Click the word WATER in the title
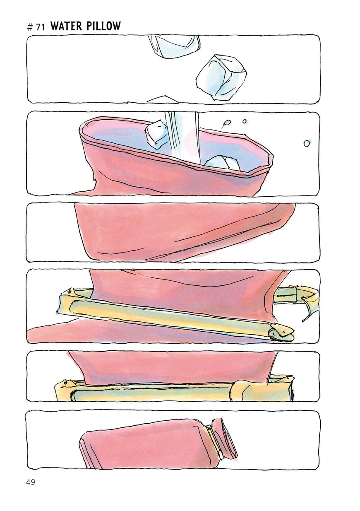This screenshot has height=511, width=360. [x=66, y=26]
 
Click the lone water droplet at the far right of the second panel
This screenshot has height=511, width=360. [x=307, y=143]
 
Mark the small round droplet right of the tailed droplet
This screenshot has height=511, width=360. [x=245, y=121]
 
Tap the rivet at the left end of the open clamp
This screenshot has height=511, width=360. [x=70, y=291]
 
